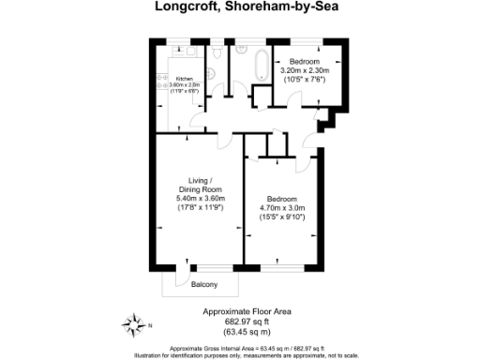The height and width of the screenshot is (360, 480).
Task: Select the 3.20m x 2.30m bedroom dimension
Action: (x=305, y=70)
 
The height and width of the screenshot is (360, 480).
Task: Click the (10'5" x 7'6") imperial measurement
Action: (x=305, y=80)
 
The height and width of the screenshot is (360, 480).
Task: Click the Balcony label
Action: (x=204, y=284)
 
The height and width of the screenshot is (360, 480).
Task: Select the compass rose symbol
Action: (x=132, y=325)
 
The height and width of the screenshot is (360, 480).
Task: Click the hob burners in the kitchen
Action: (x=161, y=80)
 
